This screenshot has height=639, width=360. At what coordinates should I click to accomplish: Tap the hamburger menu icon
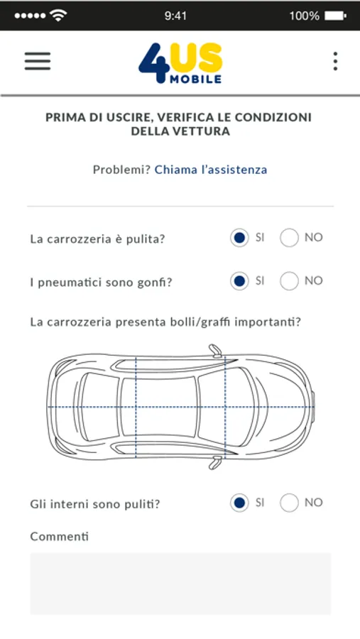38,61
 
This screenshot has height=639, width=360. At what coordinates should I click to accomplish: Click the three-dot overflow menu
335,61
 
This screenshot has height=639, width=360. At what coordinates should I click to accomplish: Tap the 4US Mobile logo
180,63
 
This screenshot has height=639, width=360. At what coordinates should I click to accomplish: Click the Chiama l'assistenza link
211,170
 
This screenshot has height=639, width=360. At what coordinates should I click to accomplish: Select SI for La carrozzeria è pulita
239,238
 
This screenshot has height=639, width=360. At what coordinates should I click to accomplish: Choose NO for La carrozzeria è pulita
289,238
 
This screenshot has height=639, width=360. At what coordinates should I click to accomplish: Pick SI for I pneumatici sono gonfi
239,280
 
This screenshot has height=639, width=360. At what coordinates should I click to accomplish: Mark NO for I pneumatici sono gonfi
289,280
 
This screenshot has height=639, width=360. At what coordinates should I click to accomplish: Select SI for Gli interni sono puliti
239,503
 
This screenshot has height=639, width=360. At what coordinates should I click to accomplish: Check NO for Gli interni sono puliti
289,503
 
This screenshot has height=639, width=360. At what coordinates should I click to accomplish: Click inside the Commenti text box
180,583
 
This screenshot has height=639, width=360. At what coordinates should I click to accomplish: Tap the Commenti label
60,536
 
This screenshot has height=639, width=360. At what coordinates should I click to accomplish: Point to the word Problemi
122,170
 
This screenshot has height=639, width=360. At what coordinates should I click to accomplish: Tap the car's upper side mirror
216,351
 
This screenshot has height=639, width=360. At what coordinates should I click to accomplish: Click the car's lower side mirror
215,462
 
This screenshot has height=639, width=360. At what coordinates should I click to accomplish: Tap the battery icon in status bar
335,16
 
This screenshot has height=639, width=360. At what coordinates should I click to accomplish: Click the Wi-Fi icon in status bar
58,16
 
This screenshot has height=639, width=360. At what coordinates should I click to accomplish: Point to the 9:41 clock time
175,16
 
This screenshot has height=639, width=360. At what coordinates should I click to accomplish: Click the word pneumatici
69,282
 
